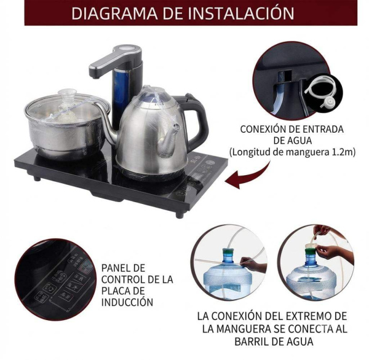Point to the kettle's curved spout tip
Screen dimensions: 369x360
click(x=177, y=127)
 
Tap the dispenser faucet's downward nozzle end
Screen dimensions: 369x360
click(x=95, y=75)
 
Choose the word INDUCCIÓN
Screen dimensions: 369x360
click(x=127, y=302)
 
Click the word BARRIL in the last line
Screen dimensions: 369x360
click(x=252, y=341)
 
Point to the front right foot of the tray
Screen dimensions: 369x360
click(x=180, y=214)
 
